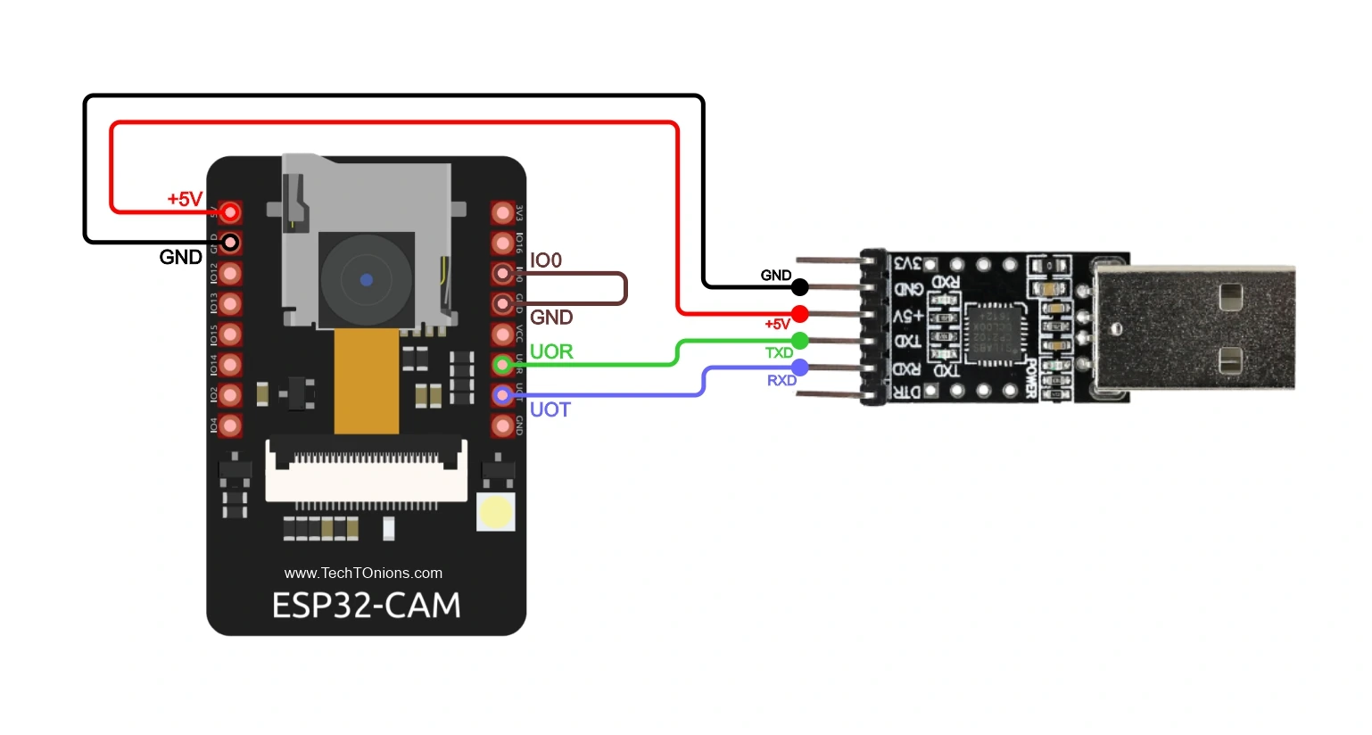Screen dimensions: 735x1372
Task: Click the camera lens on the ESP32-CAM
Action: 366,279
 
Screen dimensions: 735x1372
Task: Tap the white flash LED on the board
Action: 495,512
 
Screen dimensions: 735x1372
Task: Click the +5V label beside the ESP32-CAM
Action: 185,199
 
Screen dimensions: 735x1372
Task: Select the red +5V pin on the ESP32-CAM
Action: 230,211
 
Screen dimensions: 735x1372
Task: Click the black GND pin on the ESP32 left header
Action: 230,242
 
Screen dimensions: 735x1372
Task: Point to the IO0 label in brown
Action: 546,260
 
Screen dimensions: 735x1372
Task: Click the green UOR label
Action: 551,351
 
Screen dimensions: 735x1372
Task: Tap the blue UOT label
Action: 550,409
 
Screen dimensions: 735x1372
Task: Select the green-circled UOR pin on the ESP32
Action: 502,364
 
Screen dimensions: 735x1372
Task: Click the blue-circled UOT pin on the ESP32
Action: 502,394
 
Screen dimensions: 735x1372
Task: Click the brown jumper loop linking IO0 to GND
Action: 625,289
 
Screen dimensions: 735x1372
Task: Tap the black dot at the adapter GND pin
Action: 800,287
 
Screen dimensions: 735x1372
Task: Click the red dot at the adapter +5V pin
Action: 800,314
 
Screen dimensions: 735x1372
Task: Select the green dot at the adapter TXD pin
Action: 800,340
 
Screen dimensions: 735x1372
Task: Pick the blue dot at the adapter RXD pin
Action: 800,367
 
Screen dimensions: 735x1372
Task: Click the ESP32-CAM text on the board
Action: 366,606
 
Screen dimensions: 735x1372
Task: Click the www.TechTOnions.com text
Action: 363,573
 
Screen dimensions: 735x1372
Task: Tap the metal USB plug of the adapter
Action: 1195,327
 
